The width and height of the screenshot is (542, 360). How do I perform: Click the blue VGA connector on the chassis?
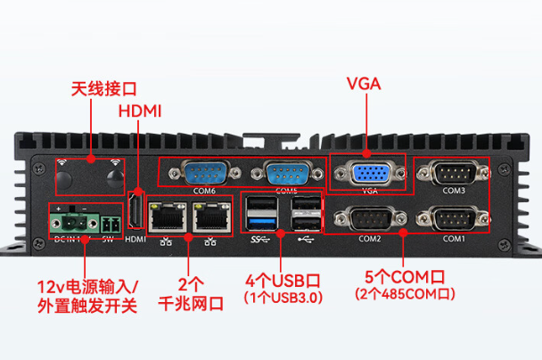[x=367, y=174]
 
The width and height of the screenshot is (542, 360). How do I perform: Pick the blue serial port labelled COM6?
[x=204, y=173]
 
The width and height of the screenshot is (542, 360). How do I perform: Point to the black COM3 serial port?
[x=454, y=172]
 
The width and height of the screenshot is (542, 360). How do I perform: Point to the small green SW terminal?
[x=111, y=224]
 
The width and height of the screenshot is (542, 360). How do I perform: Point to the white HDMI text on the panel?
[x=135, y=239]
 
